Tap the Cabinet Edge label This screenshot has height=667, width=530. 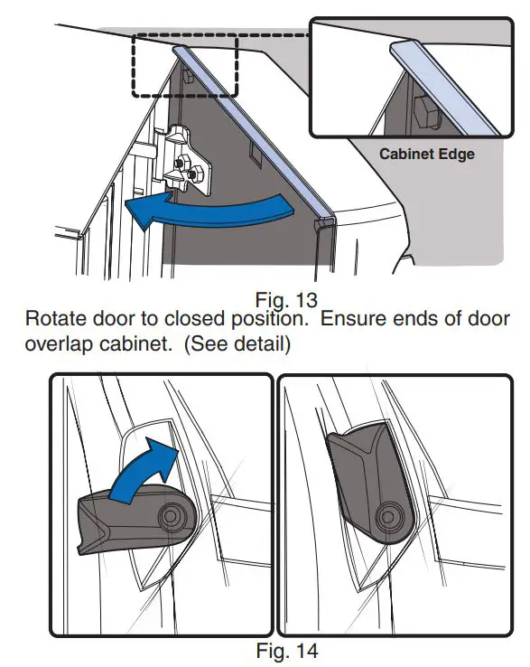click(x=426, y=155)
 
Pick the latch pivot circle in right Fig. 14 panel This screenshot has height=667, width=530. click(x=390, y=514)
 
